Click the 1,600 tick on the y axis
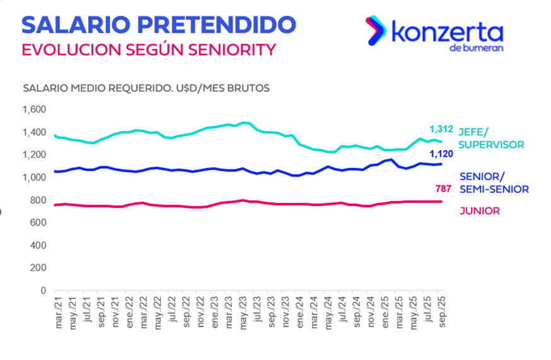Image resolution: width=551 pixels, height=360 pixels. [x=34, y=110]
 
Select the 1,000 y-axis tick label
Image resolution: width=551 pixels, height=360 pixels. [x=34, y=178]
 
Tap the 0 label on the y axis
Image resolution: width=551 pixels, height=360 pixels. [x=43, y=291]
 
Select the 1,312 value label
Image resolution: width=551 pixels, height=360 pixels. [x=441, y=129]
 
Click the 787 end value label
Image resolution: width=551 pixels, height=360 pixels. [x=443, y=189]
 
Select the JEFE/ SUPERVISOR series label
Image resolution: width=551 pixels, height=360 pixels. [x=491, y=139]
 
